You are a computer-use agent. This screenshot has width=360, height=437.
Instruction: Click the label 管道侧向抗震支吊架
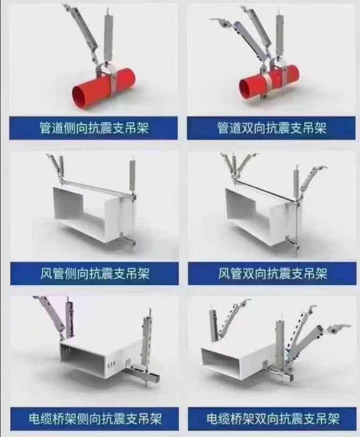tap(94, 128)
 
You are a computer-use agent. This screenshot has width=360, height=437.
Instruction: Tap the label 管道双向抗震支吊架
tap(272, 128)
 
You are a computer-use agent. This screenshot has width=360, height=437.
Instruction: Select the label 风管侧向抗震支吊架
tap(95, 273)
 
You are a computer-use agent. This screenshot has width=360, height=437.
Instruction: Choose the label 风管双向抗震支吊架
tap(272, 273)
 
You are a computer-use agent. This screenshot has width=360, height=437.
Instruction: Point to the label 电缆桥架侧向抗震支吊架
tap(95, 419)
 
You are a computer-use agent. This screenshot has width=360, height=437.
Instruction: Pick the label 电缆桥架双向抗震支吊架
tap(273, 419)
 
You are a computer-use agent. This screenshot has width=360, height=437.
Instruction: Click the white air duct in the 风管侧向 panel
tap(92, 213)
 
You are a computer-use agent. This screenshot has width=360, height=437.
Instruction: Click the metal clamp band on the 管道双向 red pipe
tap(266, 80)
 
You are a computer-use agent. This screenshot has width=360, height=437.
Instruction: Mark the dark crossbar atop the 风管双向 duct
tap(264, 189)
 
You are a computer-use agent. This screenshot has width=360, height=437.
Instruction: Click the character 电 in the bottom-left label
tap(34, 419)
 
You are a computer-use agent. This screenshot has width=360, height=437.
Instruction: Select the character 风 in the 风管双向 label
tap(224, 273)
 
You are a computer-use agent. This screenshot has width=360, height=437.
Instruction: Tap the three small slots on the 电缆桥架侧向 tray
tap(111, 364)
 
